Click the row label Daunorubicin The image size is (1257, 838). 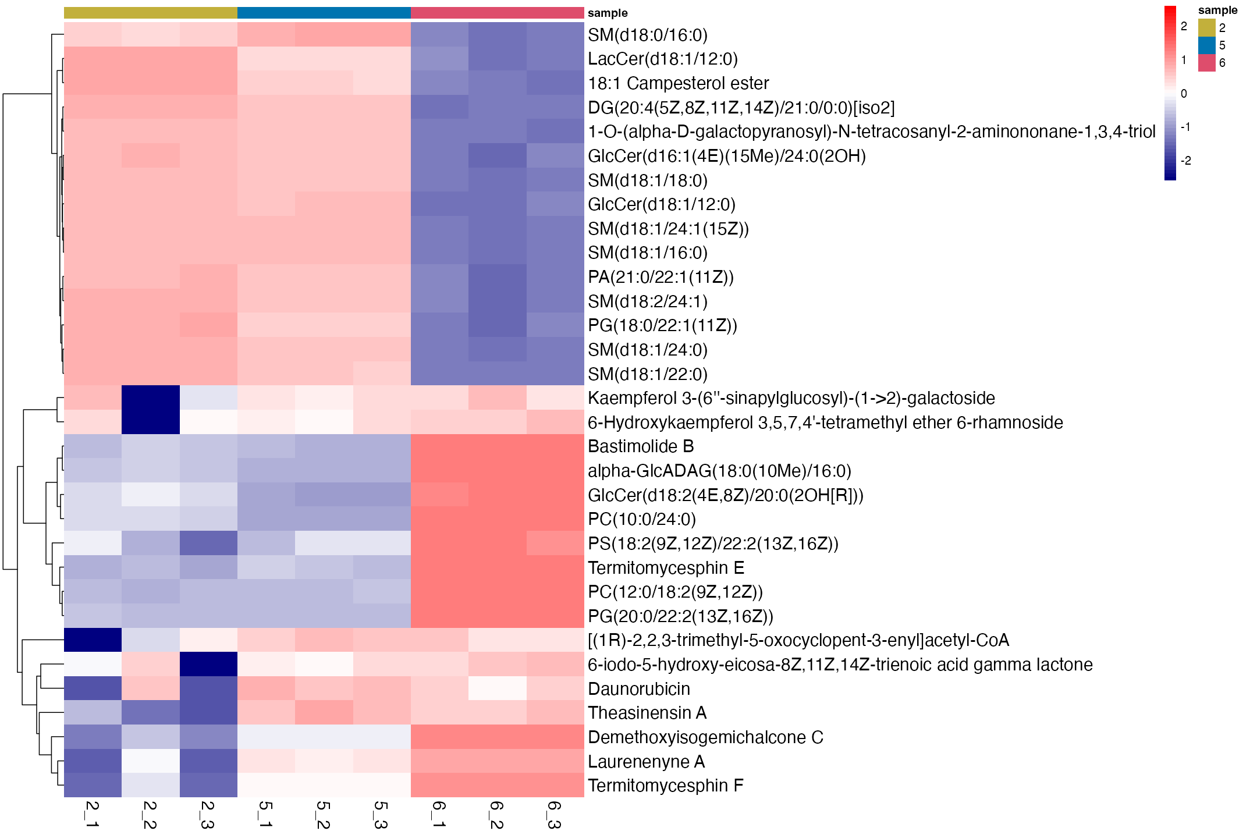coord(638,689)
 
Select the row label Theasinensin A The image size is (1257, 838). coord(647,713)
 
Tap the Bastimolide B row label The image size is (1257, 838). coord(641,446)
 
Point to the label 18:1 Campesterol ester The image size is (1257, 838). coord(678,83)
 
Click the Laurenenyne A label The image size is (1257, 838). coord(646,761)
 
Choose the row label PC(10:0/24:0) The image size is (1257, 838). coord(641,519)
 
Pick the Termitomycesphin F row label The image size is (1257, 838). coord(665,786)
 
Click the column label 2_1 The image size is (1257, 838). coord(92,814)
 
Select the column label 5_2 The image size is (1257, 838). coord(323,814)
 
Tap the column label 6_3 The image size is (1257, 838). coord(554,814)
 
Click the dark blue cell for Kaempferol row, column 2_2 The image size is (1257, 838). coord(151,398)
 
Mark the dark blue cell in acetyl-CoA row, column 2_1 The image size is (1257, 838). coord(93,640)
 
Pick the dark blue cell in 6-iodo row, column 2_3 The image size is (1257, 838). coord(208,665)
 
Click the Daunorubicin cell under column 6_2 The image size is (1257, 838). coord(497,689)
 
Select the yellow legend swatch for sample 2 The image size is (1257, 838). coord(1207,27)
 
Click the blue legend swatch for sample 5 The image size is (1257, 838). coord(1207,45)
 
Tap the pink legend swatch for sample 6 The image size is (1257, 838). coord(1207,63)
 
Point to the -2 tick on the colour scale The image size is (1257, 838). coord(1184,161)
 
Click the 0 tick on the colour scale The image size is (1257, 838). coord(1184,94)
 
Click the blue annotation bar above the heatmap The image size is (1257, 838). coord(324,13)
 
